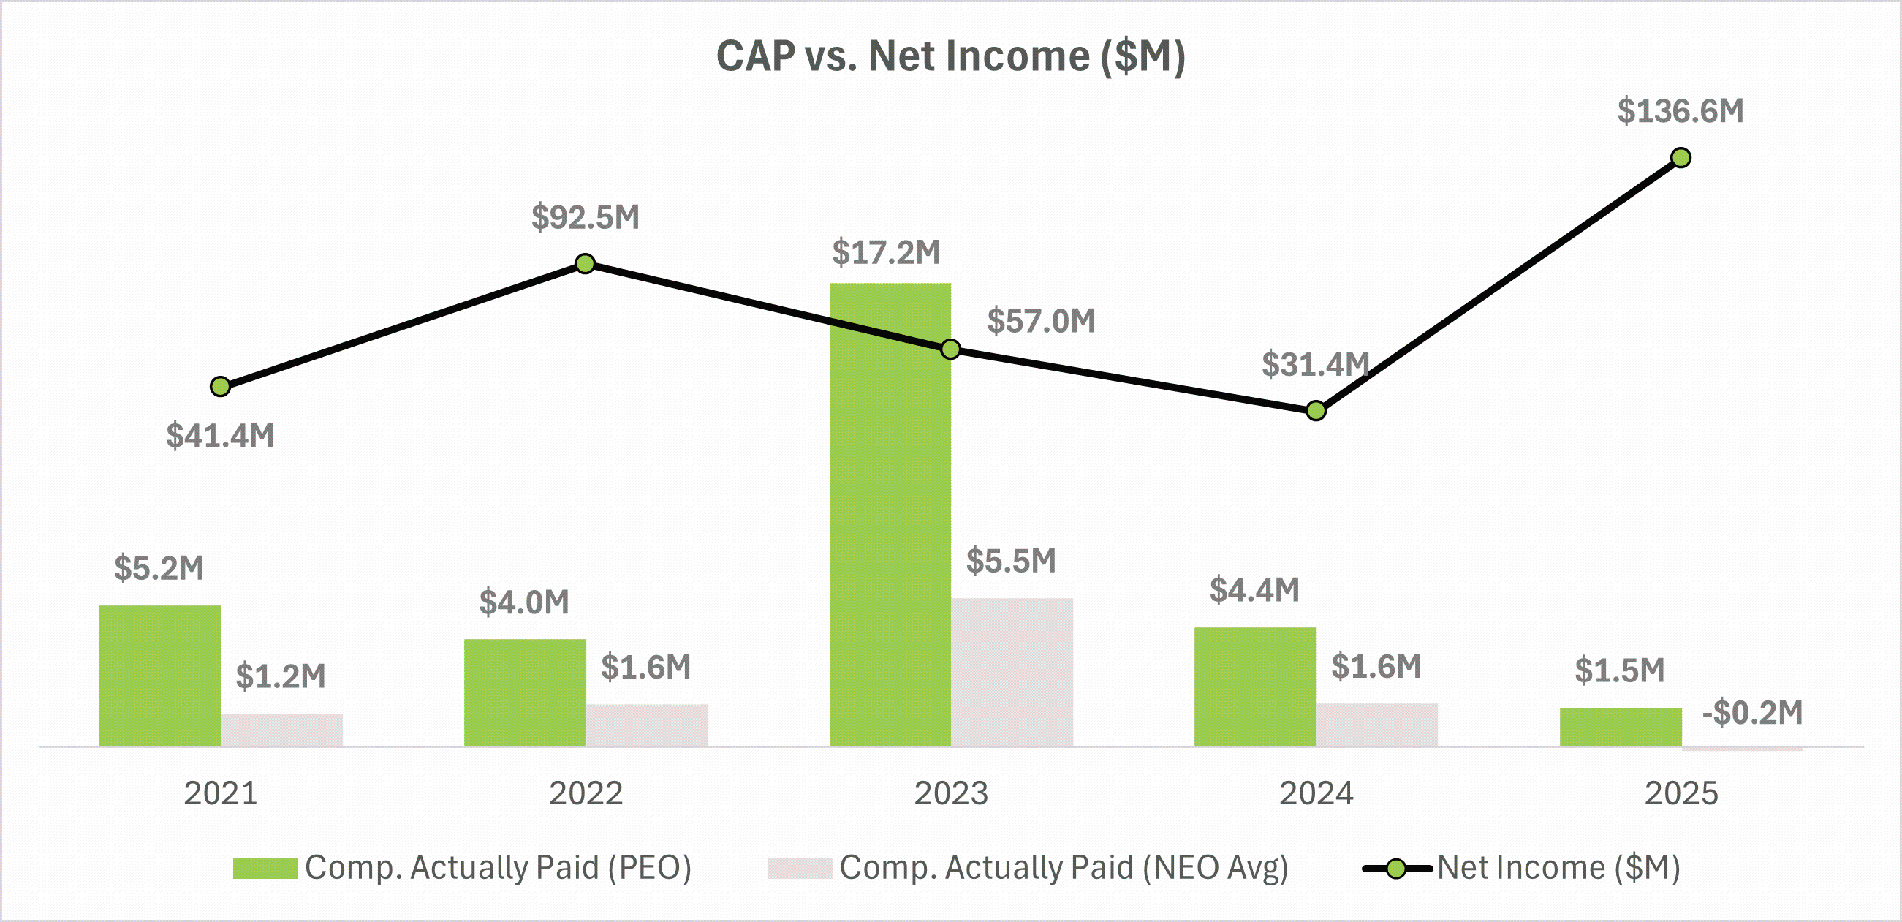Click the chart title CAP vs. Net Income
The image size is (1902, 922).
pyautogui.click(x=950, y=56)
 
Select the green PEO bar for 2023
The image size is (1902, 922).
pyautogui.click(x=890, y=517)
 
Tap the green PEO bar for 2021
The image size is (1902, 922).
pyautogui.click(x=159, y=676)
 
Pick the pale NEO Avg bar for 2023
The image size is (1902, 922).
pyautogui.click(x=1012, y=671)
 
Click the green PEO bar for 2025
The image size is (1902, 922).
pyautogui.click(x=1621, y=727)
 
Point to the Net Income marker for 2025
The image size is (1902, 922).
pyautogui.click(x=1681, y=158)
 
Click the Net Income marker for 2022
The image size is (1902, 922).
pyautogui.click(x=585, y=264)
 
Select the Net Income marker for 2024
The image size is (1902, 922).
pyautogui.click(x=1316, y=411)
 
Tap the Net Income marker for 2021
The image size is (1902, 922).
pyautogui.click(x=220, y=386)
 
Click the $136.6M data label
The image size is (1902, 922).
pyautogui.click(x=1681, y=112)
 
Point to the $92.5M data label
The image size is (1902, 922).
pyautogui.click(x=586, y=217)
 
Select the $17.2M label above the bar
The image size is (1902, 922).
pyautogui.click(x=886, y=253)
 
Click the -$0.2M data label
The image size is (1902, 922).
pyautogui.click(x=1752, y=713)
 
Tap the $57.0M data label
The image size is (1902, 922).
pyautogui.click(x=1041, y=322)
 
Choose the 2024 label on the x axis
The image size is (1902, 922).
pyautogui.click(x=1316, y=793)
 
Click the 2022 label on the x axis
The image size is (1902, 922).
pyautogui.click(x=586, y=793)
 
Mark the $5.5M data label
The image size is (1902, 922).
pyautogui.click(x=1011, y=562)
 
